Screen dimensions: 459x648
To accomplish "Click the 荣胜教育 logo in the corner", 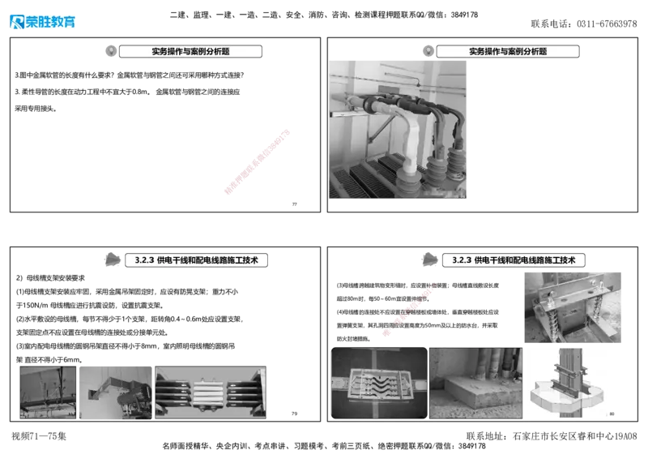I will [x=42, y=22].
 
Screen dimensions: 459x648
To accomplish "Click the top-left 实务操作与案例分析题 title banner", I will [x=190, y=51].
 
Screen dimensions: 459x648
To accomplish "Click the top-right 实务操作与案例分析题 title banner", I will [x=507, y=51].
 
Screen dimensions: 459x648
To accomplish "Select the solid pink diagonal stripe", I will [x=257, y=161].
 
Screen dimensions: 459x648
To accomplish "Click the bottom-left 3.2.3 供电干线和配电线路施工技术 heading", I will [x=198, y=260].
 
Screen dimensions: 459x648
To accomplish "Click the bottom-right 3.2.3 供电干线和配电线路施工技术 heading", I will [x=514, y=260].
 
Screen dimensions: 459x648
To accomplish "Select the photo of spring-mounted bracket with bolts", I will [x=569, y=304].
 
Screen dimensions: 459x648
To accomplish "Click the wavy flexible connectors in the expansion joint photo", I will [x=377, y=381].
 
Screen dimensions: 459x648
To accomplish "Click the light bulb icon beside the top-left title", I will [x=111, y=51].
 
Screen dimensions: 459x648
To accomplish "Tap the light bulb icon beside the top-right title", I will [x=428, y=51].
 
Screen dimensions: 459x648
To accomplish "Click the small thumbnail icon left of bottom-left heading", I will [x=113, y=260].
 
